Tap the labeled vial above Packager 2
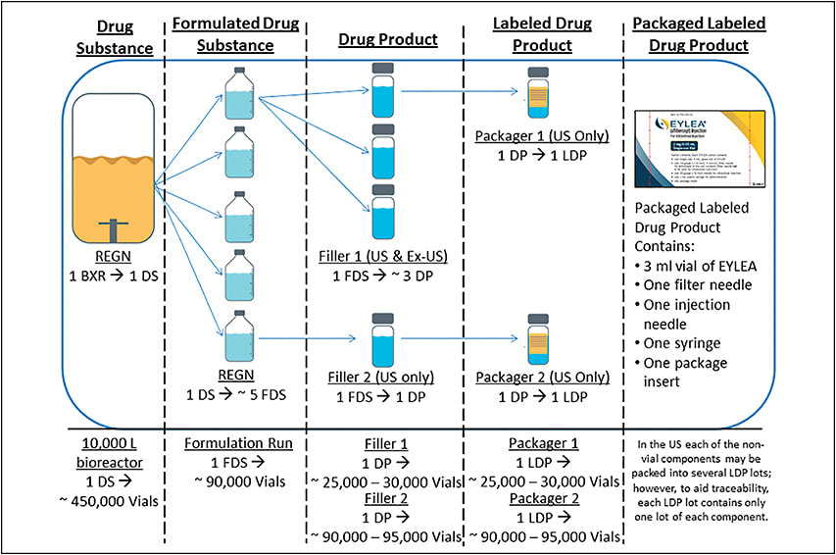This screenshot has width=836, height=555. tap(537, 338)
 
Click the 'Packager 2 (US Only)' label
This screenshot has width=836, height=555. tap(537, 378)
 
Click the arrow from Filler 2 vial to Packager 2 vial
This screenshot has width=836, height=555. tap(461, 338)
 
